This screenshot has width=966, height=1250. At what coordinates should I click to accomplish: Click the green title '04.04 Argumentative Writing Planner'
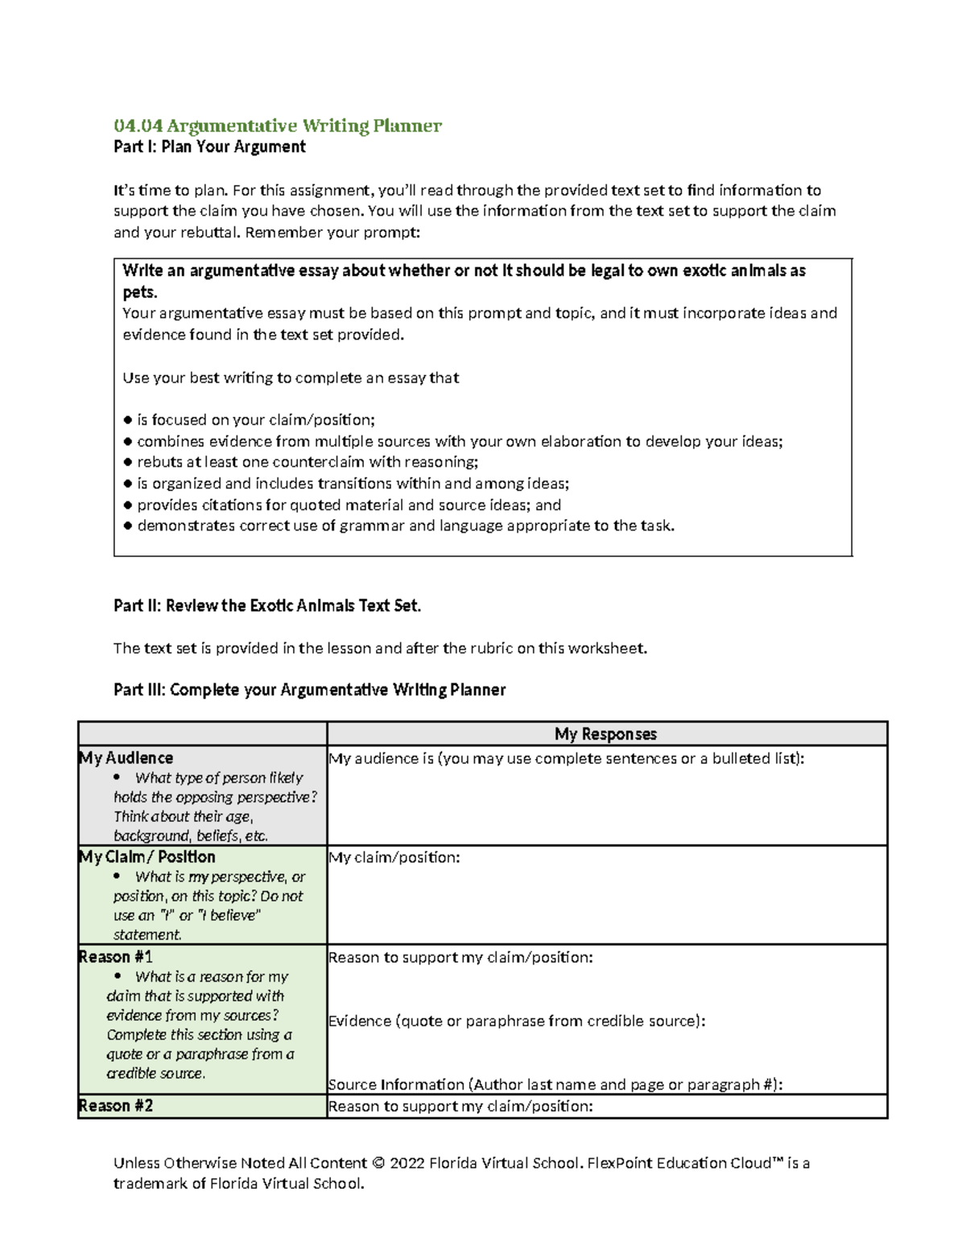click(277, 126)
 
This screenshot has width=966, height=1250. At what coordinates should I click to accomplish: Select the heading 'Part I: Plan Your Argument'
click(209, 146)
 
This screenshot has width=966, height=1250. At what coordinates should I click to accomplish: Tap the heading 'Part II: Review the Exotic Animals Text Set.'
click(267, 605)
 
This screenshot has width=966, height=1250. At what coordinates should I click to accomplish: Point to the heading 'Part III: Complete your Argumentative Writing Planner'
click(309, 690)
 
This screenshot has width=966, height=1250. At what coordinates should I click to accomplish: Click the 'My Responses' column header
click(605, 733)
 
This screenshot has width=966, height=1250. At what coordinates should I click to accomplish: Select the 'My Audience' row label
click(126, 757)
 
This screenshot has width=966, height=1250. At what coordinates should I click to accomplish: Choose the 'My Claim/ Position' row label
click(147, 856)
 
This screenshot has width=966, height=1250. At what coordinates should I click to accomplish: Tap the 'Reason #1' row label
click(116, 956)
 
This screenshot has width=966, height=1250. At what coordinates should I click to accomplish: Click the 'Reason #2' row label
click(116, 1105)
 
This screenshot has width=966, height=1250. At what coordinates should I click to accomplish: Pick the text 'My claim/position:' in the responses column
click(394, 857)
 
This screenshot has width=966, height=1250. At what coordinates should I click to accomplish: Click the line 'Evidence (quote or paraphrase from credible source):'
click(517, 1021)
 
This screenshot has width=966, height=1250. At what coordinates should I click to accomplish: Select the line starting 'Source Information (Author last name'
click(555, 1084)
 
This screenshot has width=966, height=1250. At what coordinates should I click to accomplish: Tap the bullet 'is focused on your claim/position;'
click(256, 419)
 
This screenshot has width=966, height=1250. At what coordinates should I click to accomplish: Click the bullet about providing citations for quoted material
click(349, 505)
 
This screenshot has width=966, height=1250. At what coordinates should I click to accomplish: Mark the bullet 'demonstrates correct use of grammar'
click(406, 526)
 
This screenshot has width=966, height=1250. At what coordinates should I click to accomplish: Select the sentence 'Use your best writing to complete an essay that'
click(291, 377)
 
